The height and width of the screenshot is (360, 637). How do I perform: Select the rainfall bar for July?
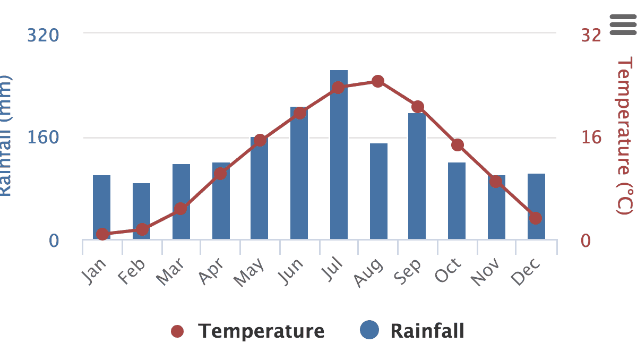point(339,159)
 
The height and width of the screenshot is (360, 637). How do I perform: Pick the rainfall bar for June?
point(299,175)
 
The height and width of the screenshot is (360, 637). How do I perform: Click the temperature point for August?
point(378,81)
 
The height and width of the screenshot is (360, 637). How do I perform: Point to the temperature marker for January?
point(102,234)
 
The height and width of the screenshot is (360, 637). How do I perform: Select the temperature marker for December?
point(536,218)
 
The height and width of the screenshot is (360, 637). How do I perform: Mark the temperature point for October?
point(458,145)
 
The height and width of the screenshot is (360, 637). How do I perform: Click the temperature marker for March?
point(180,209)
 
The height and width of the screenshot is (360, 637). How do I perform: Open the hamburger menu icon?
point(623,25)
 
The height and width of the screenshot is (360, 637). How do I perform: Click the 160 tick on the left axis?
point(43,138)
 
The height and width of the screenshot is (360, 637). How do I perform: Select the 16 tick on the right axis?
point(591,138)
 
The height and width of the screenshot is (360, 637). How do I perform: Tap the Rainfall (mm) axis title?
point(5,135)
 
